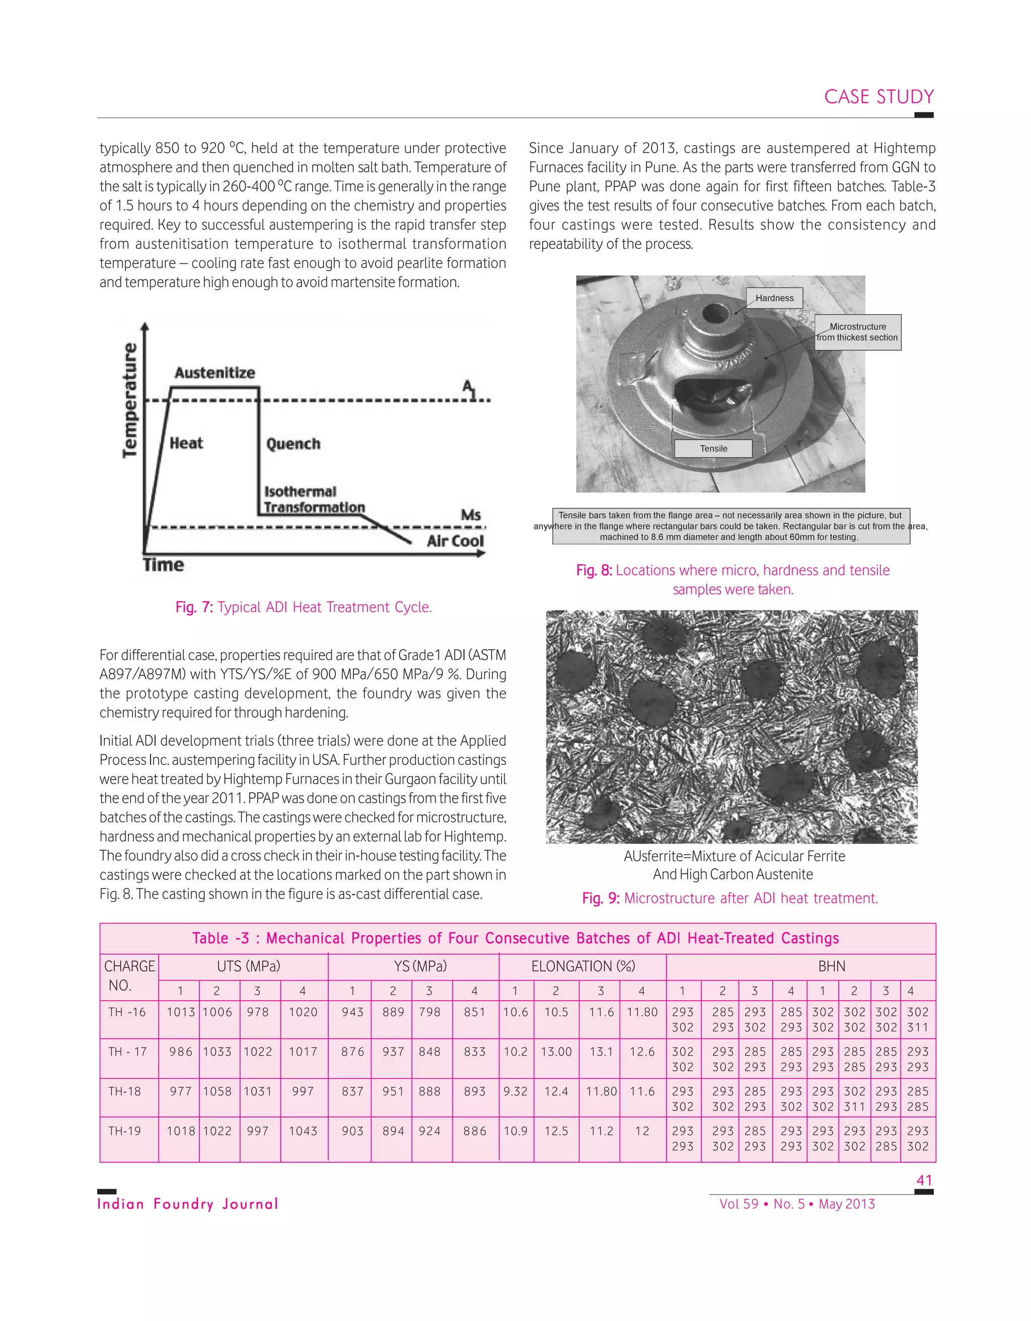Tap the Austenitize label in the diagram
pyautogui.click(x=214, y=373)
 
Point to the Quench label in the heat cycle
pyautogui.click(x=293, y=444)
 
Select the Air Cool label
pyautogui.click(x=455, y=541)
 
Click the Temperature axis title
pyautogui.click(x=130, y=400)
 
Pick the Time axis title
pyautogui.click(x=163, y=565)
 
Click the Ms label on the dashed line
pyautogui.click(x=471, y=515)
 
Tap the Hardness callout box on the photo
pyautogui.click(x=774, y=298)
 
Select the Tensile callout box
pyautogui.click(x=713, y=449)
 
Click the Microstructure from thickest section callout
pyautogui.click(x=857, y=332)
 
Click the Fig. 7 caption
pyautogui.click(x=304, y=607)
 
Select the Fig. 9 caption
pyautogui.click(x=730, y=898)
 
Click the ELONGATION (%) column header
pyautogui.click(x=583, y=966)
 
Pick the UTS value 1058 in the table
pyautogui.click(x=217, y=1091)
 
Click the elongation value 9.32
pyautogui.click(x=515, y=1091)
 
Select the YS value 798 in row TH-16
pyautogui.click(x=429, y=1012)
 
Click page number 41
pyautogui.click(x=924, y=1180)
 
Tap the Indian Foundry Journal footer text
pyautogui.click(x=187, y=1204)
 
